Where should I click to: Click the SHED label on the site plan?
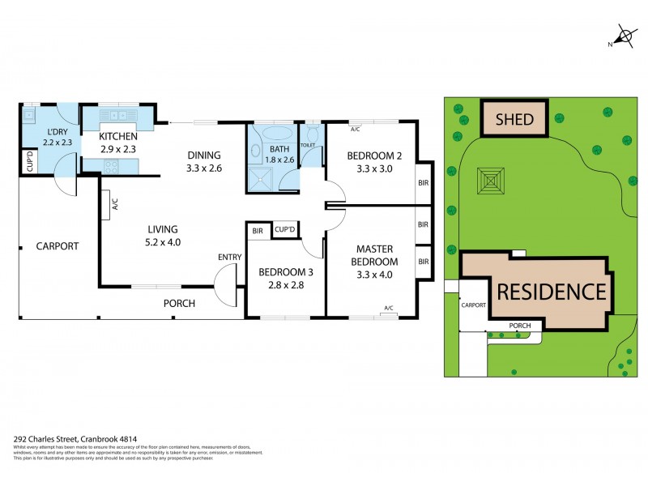click(515, 120)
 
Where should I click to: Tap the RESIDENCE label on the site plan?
click(551, 292)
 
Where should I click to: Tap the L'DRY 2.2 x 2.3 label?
click(57, 137)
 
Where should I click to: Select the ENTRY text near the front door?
click(229, 257)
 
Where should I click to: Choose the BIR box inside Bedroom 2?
click(423, 184)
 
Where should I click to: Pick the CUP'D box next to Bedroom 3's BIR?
click(284, 231)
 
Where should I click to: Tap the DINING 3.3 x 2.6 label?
click(204, 162)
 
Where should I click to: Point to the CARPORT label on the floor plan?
click(57, 245)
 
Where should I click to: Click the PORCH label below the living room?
click(179, 303)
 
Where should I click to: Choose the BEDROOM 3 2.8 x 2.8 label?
click(284, 278)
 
